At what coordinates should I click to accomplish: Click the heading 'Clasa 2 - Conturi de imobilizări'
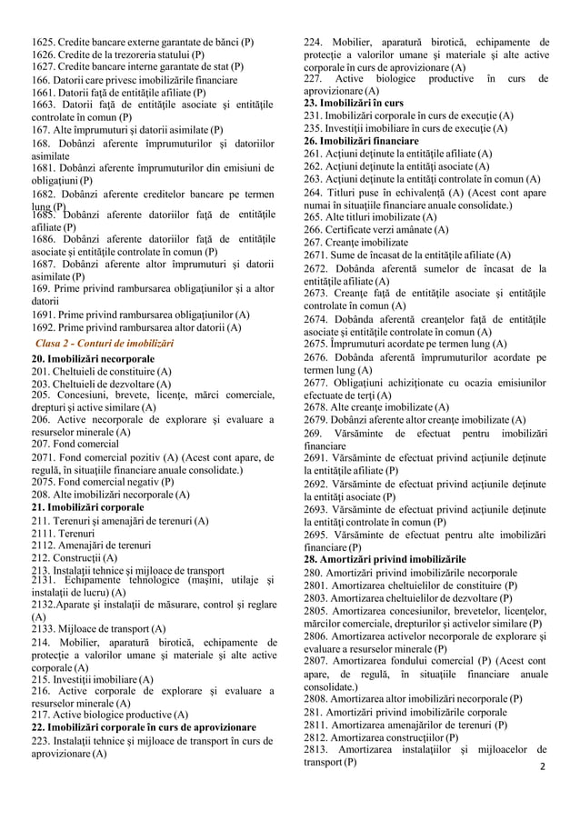point(104,343)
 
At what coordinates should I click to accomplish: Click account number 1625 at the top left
point(45,42)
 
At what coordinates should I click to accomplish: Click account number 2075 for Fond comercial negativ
point(45,482)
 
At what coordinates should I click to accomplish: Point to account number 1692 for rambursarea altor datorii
point(45,326)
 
